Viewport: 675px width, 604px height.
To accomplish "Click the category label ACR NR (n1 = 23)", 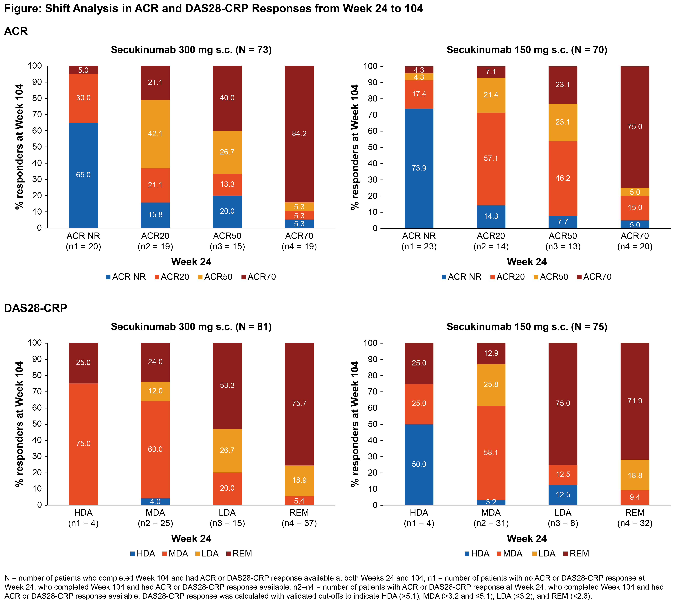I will click(419, 241).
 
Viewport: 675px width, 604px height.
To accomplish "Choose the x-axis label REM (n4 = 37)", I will click(299, 518).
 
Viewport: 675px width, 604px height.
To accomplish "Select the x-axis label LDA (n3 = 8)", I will click(563, 518).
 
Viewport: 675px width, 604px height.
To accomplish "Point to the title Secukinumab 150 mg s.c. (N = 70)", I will click(527, 50).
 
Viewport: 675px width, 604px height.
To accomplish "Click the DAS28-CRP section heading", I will click(35, 308).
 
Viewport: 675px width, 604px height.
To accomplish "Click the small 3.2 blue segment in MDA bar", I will click(491, 502).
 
